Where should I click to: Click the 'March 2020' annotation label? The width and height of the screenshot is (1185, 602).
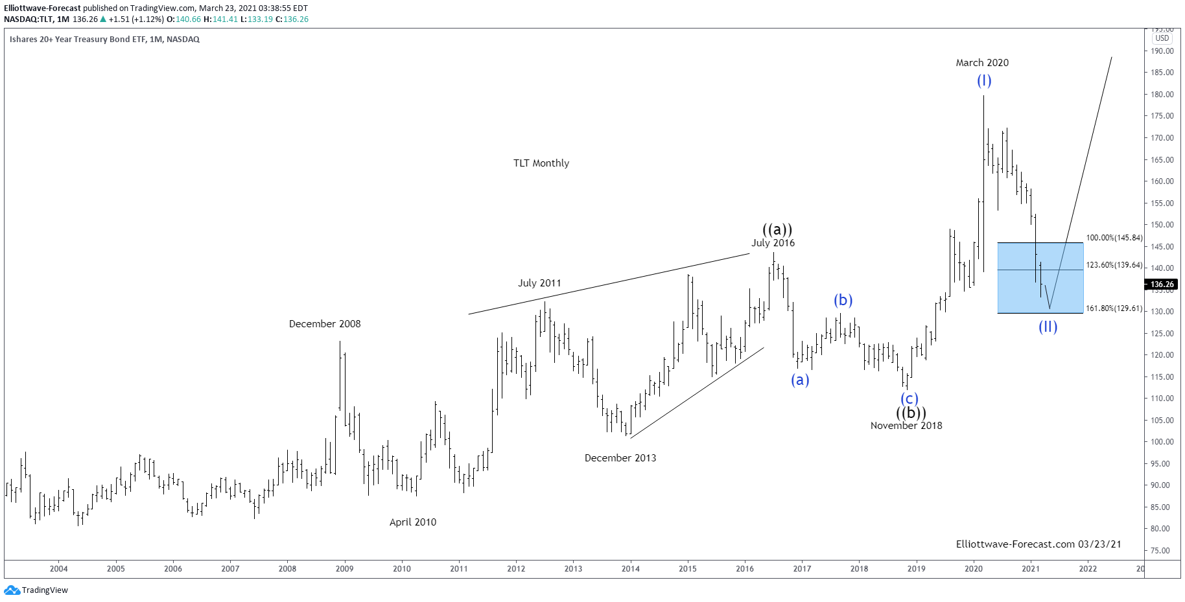(982, 63)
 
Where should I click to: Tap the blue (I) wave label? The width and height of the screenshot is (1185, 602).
(984, 80)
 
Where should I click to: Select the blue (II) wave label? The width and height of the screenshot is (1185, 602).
(1048, 327)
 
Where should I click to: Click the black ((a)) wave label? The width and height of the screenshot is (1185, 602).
(777, 229)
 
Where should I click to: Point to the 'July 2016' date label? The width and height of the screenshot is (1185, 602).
(773, 243)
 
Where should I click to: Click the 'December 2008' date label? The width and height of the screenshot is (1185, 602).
(325, 324)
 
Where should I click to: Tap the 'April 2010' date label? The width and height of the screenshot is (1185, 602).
(413, 522)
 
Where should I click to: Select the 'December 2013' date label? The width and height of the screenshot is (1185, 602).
(620, 458)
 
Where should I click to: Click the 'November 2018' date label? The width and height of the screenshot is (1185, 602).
(906, 426)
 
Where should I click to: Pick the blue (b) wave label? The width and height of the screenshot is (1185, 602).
(843, 300)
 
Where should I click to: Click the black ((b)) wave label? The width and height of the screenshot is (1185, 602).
(911, 413)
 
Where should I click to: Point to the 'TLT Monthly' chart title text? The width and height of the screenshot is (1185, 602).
(541, 163)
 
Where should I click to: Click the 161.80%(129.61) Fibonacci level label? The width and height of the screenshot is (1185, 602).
(1114, 308)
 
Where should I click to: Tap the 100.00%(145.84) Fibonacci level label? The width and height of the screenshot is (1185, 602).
(1114, 238)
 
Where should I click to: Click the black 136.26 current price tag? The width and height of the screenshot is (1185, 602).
(1162, 284)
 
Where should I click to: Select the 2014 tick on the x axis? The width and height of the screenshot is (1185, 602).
(630, 569)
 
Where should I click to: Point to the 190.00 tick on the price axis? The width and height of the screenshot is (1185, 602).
(1162, 51)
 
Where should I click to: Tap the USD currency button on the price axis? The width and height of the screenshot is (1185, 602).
(1162, 38)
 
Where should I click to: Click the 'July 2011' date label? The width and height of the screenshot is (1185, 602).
(539, 283)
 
